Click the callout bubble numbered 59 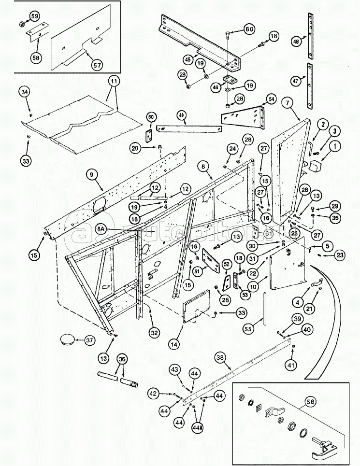[x=34, y=16]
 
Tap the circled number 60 [x=248, y=29]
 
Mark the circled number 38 [x=220, y=358]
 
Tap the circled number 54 [x=270, y=99]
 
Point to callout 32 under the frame [x=154, y=332]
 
